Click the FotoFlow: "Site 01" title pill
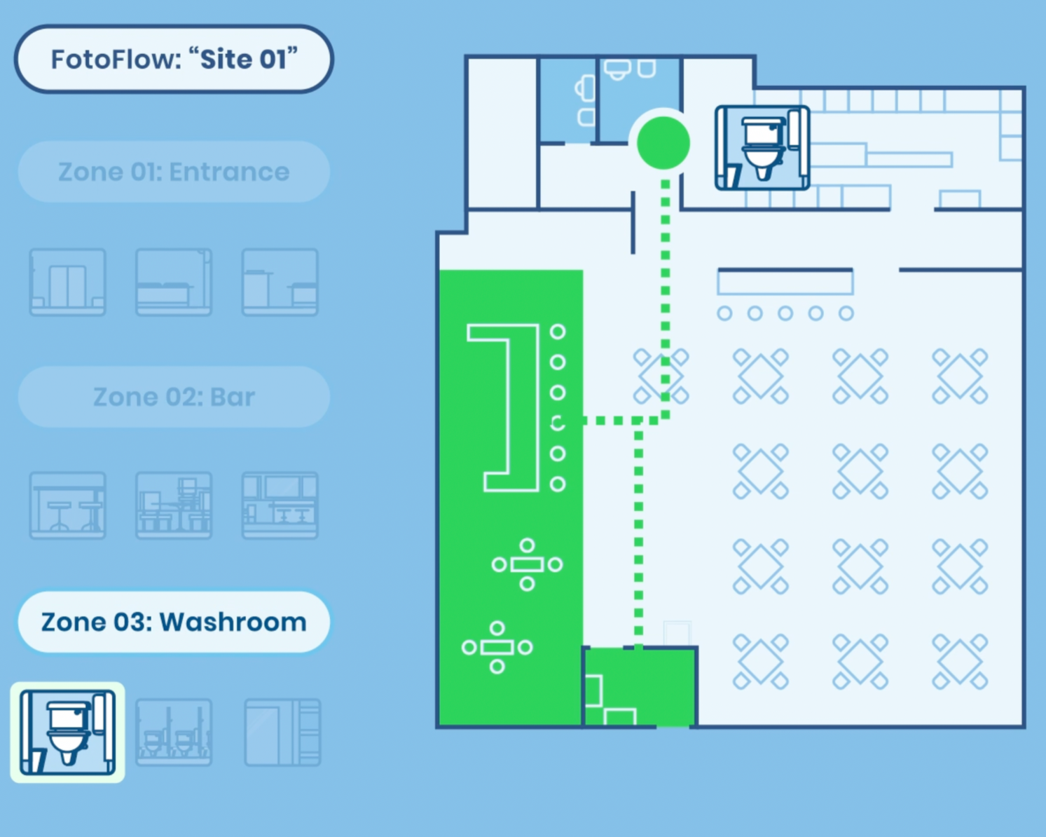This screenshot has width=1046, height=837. (x=174, y=59)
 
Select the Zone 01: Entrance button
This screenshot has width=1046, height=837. (x=174, y=172)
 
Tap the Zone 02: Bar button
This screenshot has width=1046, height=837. (x=174, y=397)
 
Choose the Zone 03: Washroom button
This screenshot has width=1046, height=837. (x=174, y=622)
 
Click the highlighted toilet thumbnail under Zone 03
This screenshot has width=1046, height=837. (x=67, y=732)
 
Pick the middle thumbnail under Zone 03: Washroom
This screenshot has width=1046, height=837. (x=174, y=732)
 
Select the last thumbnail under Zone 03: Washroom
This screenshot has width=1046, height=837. (x=282, y=732)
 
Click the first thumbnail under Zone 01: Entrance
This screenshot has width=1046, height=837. (x=67, y=282)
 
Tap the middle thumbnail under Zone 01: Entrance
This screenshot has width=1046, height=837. (x=174, y=282)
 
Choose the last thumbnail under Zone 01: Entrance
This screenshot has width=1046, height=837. (x=280, y=282)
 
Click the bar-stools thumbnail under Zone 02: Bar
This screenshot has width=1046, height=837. (x=67, y=505)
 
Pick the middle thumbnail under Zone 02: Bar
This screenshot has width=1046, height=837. (x=174, y=505)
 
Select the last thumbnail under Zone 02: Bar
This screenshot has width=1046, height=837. (x=280, y=505)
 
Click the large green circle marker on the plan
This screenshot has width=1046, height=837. (x=663, y=143)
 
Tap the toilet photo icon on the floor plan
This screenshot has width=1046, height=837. (x=762, y=148)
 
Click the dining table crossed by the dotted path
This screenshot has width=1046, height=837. (x=661, y=376)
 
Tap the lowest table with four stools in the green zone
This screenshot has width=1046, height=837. (x=497, y=647)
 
